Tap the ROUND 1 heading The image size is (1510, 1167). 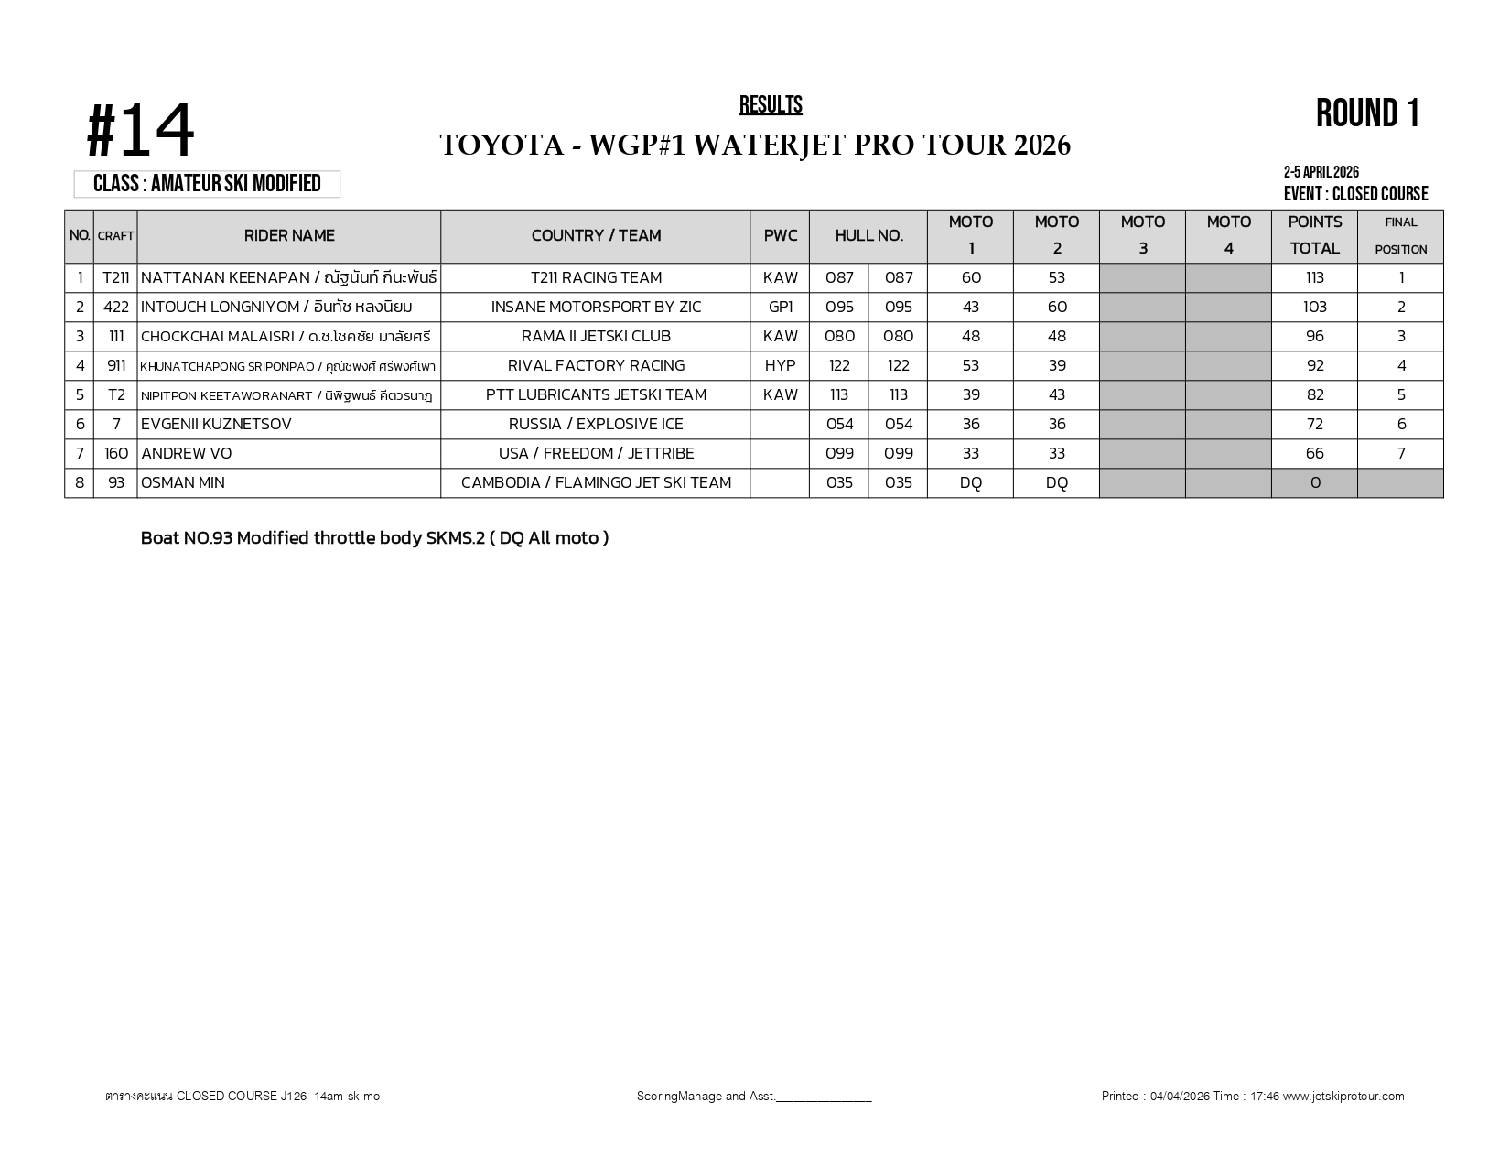[x=1367, y=114]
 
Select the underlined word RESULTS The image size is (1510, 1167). [x=771, y=105]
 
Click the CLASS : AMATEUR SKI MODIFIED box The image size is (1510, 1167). [x=207, y=184]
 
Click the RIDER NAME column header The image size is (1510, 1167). [x=289, y=236]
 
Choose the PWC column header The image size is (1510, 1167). [x=780, y=236]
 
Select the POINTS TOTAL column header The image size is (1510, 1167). [x=1314, y=235]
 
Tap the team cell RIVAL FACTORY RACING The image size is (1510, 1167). [x=596, y=366]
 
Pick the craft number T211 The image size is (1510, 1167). [x=116, y=278]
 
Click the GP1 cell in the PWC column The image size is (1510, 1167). [x=780, y=308]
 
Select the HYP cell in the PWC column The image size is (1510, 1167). [x=780, y=366]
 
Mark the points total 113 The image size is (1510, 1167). [x=1314, y=278]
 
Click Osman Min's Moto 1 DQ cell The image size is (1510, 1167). [x=970, y=483]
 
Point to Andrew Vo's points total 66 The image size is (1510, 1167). [x=1314, y=454]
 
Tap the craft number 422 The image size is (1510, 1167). [x=116, y=308]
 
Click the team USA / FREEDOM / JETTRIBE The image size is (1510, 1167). [x=596, y=454]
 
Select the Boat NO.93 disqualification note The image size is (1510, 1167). [x=374, y=538]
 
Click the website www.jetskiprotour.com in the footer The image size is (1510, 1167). [x=1343, y=1097]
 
